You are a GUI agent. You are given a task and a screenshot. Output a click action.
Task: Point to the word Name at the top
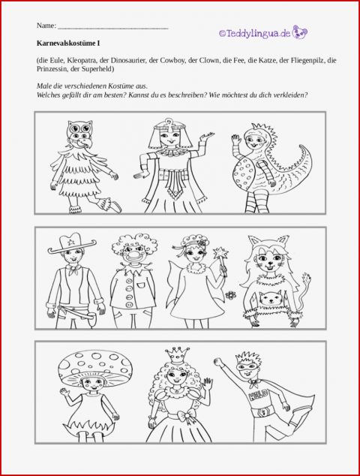coord(45,26)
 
